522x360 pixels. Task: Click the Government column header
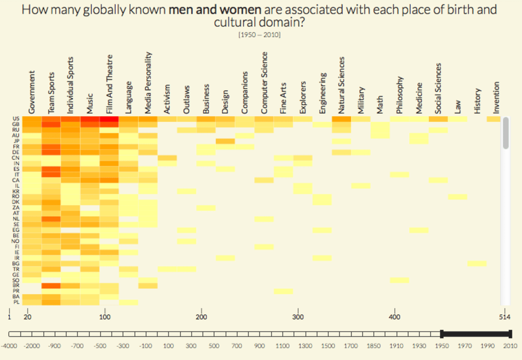tap(32, 92)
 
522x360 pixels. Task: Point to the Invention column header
tap(496, 98)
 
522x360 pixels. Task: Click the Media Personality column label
tap(148, 82)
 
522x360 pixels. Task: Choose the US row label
tap(17, 119)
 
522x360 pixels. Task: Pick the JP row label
tap(17, 141)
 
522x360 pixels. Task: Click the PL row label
tap(17, 302)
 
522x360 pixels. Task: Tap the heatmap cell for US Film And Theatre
tap(109, 119)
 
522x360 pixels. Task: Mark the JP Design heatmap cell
tap(225, 141)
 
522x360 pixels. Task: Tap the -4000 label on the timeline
tap(9, 346)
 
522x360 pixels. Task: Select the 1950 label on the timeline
tap(441, 346)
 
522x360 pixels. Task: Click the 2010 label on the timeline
tap(510, 346)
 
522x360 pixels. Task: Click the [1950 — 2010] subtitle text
tap(259, 35)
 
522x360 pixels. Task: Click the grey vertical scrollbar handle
tap(505, 133)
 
